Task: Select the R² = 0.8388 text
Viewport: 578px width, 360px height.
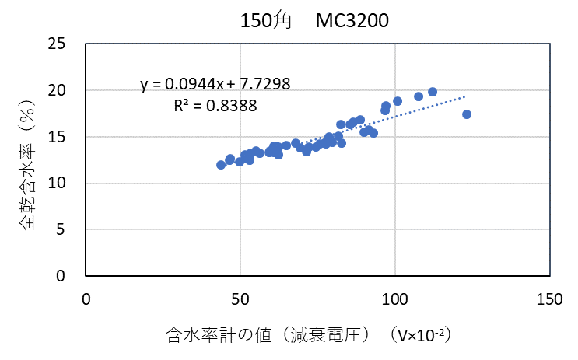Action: pos(215,105)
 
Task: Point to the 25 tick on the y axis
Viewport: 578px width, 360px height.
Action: pos(65,44)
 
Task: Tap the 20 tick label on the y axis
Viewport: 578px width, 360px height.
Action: pos(65,90)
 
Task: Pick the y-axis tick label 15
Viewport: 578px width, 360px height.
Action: pos(65,137)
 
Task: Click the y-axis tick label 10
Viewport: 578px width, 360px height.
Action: pos(65,183)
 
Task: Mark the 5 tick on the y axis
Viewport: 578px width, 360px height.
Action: pos(70,229)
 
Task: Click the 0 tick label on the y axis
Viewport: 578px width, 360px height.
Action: pos(70,275)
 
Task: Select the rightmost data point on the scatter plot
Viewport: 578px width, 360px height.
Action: pos(467,114)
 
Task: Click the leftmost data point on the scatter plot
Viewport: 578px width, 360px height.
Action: pos(221,165)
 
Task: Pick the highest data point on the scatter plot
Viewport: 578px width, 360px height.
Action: pos(433,92)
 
